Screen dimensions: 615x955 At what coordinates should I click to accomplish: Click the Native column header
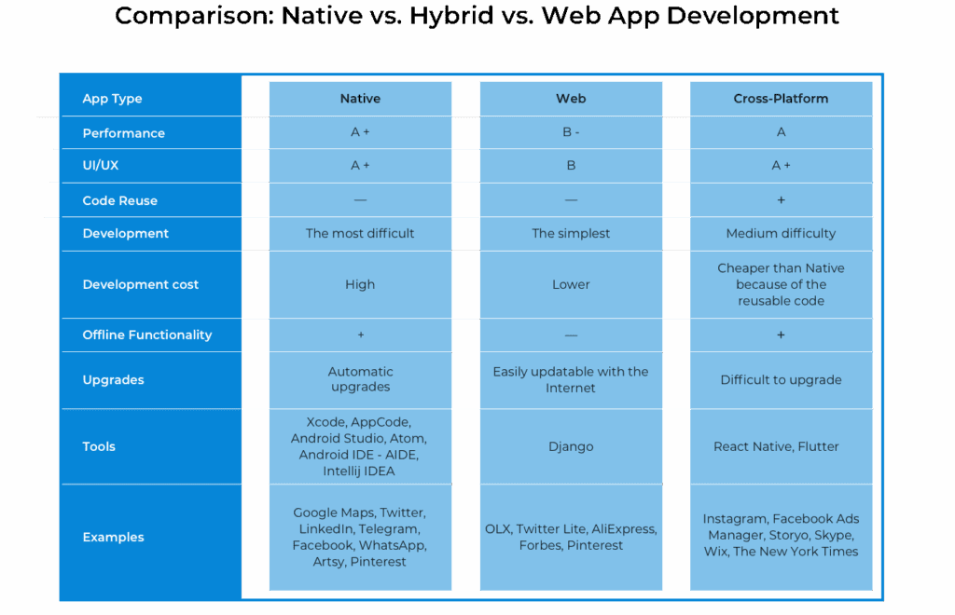pos(360,99)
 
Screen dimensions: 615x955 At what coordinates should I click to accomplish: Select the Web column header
pos(571,99)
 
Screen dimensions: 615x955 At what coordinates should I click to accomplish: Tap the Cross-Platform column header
pos(781,99)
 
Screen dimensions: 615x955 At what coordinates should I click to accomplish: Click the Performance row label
pos(123,133)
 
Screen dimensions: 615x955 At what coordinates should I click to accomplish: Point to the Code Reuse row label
pos(119,200)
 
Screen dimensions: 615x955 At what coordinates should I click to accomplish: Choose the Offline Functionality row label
pos(146,335)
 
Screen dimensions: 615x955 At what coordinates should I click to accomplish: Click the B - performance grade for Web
pos(571,132)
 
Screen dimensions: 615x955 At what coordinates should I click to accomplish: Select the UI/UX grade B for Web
pos(571,166)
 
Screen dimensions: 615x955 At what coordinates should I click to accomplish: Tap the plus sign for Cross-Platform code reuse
pos(781,200)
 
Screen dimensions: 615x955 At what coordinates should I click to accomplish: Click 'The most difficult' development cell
pos(360,234)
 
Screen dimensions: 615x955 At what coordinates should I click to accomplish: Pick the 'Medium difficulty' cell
pos(781,234)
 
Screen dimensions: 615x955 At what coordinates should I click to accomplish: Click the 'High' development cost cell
pos(360,284)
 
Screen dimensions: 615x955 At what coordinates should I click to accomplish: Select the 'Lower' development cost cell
pos(571,284)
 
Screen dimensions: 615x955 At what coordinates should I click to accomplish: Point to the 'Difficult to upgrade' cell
pos(781,380)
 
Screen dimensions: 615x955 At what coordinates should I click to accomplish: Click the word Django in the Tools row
pos(571,446)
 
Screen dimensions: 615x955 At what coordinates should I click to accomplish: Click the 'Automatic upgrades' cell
pos(360,379)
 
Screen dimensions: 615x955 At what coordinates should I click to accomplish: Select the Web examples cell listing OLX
pos(571,537)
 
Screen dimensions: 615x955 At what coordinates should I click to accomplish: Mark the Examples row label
pos(113,537)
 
